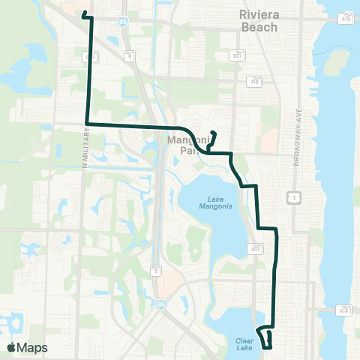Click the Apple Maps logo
point(27,347)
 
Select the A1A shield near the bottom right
point(344,309)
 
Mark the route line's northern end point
point(83,14)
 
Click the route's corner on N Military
point(88,122)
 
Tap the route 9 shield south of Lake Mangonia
point(155,268)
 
